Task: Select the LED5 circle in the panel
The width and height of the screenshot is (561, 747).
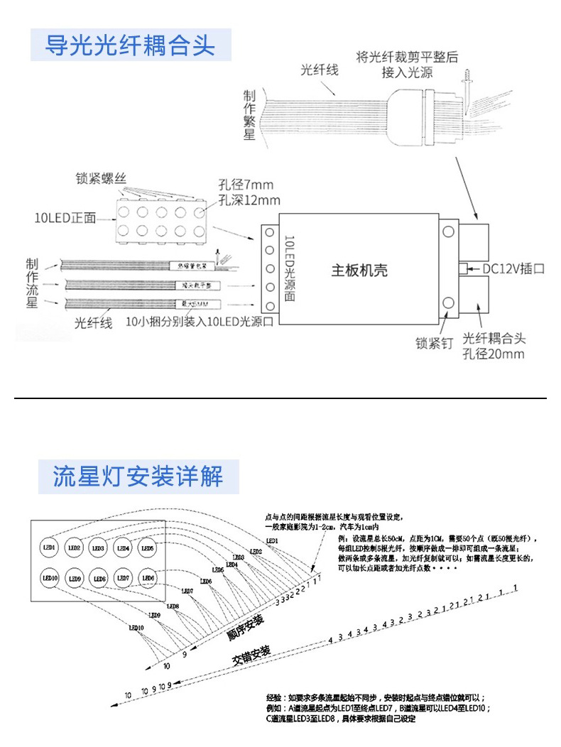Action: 147,548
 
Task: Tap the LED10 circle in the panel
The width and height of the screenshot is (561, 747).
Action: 50,578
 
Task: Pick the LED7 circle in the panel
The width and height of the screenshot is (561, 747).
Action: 123,578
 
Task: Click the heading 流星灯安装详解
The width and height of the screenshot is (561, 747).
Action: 138,476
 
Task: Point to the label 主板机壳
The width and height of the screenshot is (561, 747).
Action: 359,271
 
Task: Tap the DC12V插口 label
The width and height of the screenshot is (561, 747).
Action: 513,269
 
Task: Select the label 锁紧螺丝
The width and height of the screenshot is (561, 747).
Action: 102,178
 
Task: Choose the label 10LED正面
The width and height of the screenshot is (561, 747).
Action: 65,217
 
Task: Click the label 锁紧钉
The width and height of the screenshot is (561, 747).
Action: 434,344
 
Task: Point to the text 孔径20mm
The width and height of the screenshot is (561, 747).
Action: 493,354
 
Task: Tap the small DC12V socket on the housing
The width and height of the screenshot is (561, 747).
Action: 463,268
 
